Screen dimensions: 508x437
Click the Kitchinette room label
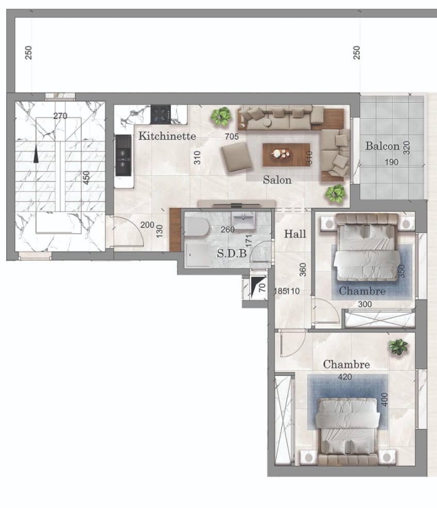167,137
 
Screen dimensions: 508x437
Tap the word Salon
277,180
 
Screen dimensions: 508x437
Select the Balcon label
382,146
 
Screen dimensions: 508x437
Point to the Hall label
295,234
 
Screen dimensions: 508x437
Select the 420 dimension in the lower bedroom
345,377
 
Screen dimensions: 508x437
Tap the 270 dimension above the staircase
60,116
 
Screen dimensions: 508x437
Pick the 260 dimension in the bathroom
227,230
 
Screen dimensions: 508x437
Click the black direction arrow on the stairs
36,154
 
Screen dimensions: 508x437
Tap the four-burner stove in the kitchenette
160,114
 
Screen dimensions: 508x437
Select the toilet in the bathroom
197,226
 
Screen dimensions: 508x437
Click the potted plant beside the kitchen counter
222,116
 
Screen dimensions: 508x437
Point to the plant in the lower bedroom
398,347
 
